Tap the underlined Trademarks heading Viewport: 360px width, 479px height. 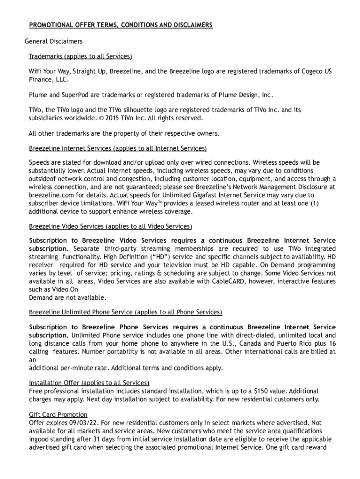pos(80,57)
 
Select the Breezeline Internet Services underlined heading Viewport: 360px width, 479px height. pos(118,148)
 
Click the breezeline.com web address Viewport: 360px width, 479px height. pos(50,195)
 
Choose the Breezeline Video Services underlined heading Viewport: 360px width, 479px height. pos(110,226)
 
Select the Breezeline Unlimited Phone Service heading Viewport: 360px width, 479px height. pos(125,312)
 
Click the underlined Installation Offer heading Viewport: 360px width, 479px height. pos(89,383)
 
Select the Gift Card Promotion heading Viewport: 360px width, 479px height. pos(58,414)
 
